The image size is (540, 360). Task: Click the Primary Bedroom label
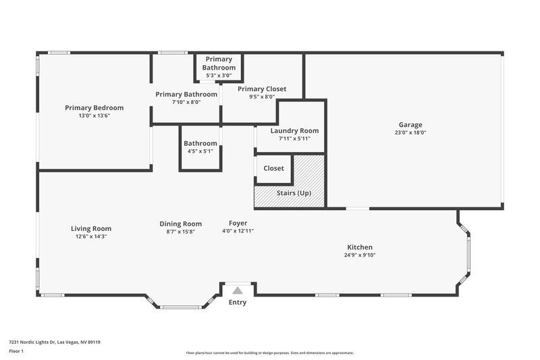[94, 107]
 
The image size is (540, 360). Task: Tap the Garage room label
[410, 125]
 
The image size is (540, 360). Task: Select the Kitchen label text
[359, 247]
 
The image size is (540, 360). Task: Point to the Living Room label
[91, 228]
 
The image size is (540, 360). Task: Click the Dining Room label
[180, 224]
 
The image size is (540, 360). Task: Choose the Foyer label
[238, 223]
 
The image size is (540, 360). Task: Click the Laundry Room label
[294, 130]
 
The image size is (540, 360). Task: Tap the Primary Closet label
[262, 88]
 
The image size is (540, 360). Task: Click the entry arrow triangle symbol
[237, 290]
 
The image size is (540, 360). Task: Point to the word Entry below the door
[238, 302]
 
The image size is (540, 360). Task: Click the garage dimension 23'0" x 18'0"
[410, 132]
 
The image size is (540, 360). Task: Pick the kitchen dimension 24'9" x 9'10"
[359, 255]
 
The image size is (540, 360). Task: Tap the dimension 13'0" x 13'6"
[94, 115]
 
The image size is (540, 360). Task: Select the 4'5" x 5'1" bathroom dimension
[200, 151]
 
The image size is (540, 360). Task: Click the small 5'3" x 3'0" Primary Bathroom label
[219, 75]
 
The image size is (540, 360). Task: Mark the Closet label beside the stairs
[273, 168]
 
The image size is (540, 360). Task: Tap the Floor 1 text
[16, 351]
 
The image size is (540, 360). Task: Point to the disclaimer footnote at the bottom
[269, 353]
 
